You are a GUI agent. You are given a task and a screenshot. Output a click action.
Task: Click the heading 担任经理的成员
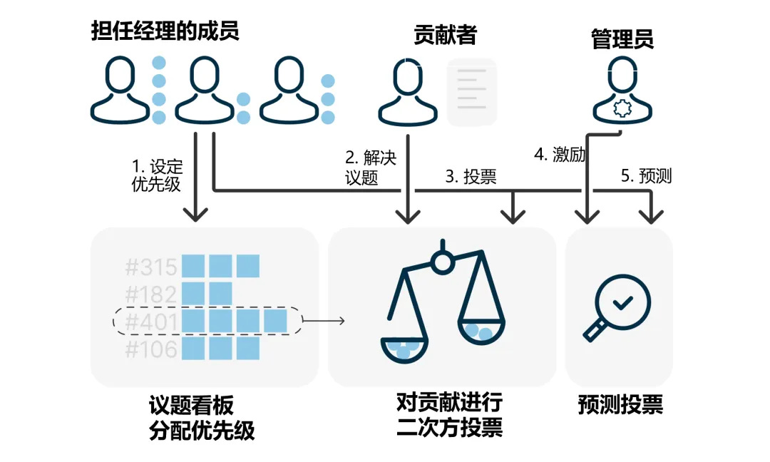click(165, 32)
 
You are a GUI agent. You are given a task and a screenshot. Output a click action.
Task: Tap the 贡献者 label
click(445, 35)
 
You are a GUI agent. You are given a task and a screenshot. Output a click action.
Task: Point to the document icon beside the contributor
click(471, 92)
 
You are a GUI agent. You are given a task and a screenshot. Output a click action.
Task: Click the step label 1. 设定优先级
click(158, 175)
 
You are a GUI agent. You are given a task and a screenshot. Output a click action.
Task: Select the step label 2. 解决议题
click(371, 168)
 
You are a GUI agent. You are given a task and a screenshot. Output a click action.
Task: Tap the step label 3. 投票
click(471, 177)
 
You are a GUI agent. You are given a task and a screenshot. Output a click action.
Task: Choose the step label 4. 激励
click(560, 155)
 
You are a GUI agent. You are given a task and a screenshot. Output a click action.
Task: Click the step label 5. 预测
click(646, 176)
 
